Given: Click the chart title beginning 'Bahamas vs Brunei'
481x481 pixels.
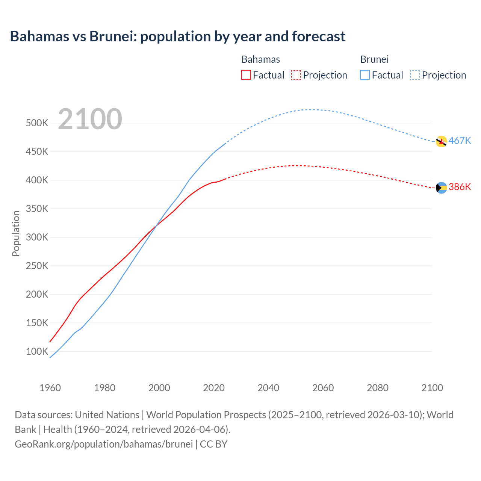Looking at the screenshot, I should click(x=177, y=36).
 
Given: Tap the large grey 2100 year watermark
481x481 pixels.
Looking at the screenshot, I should click(x=90, y=119).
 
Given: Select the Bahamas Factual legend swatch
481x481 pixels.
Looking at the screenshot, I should click(x=246, y=75).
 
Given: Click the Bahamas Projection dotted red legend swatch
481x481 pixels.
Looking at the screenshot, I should click(x=296, y=75).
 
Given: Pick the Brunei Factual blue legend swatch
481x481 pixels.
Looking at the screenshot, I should click(x=365, y=75).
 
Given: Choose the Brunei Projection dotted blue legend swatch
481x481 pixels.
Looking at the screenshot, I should click(x=415, y=75).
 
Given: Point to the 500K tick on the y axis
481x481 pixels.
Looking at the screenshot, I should click(x=37, y=123).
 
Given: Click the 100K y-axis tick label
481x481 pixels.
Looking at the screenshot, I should click(x=37, y=351).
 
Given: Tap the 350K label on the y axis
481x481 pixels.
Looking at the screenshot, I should click(x=37, y=209).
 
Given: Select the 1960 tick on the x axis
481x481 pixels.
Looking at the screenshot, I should click(x=50, y=388).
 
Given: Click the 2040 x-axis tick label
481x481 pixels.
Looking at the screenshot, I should click(x=268, y=388).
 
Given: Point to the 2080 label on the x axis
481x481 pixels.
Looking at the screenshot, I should click(x=377, y=388).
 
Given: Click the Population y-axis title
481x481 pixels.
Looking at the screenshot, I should click(x=16, y=233).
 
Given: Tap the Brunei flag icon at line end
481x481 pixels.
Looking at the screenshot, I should click(x=441, y=142).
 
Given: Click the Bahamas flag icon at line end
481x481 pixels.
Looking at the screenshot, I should click(x=441, y=188).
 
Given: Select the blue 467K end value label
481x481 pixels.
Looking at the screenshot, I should click(x=460, y=141).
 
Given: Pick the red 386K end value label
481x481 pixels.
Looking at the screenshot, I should click(x=460, y=187).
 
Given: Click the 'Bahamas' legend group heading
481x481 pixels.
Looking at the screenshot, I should click(x=260, y=59).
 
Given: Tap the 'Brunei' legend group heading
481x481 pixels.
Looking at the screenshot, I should click(x=374, y=59).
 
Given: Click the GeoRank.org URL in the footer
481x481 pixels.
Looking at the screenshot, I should click(x=104, y=444).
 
